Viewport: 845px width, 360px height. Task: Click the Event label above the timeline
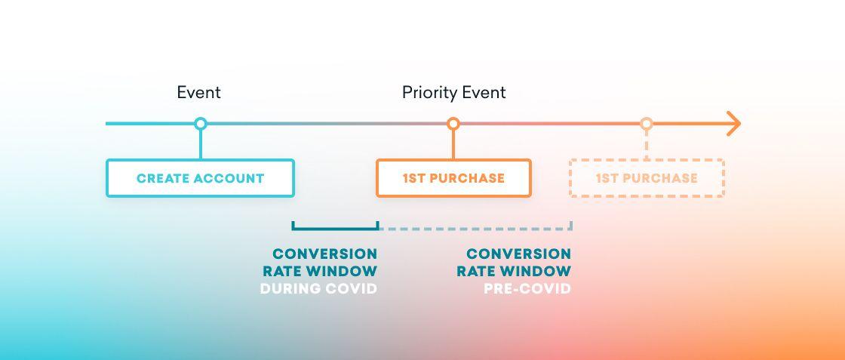click(198, 93)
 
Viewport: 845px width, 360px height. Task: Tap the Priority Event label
click(453, 93)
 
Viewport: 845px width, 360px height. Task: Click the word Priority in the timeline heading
click(429, 93)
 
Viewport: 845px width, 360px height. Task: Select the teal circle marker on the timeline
click(200, 124)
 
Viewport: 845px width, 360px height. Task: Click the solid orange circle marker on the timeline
click(453, 124)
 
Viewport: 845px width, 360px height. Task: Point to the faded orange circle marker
click(646, 124)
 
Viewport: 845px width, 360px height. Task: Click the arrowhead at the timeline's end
click(733, 124)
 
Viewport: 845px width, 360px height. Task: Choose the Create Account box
click(200, 179)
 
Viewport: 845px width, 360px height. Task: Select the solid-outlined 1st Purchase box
click(453, 179)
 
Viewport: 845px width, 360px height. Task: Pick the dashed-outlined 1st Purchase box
click(647, 179)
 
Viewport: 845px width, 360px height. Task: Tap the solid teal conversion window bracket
click(334, 228)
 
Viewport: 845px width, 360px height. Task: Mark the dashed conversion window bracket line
click(475, 228)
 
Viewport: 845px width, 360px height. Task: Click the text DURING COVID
click(318, 289)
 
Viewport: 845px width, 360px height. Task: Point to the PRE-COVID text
click(527, 289)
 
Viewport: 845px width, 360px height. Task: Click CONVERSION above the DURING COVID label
click(324, 254)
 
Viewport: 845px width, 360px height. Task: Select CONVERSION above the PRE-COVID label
click(518, 254)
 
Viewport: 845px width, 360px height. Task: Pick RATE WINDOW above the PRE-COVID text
click(514, 271)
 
